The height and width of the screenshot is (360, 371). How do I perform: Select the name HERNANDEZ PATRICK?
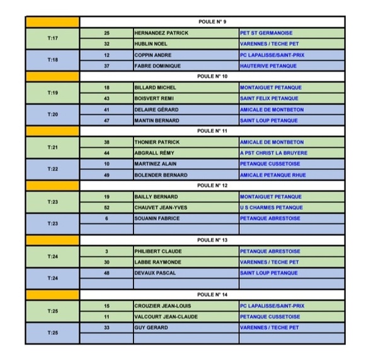161,33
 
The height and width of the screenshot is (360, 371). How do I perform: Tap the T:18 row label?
53,60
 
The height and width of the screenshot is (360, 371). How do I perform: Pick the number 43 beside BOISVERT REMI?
106,99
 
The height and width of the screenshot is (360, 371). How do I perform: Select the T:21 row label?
53,147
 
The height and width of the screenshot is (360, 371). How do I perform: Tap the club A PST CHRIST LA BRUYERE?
273,153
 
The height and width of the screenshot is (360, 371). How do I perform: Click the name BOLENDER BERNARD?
159,174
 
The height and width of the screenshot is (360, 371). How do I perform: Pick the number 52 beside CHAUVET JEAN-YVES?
106,208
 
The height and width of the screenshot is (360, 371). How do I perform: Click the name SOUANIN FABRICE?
157,218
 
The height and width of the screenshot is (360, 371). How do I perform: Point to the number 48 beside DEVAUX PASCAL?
106,273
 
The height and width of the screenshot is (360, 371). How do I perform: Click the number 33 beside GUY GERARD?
106,327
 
